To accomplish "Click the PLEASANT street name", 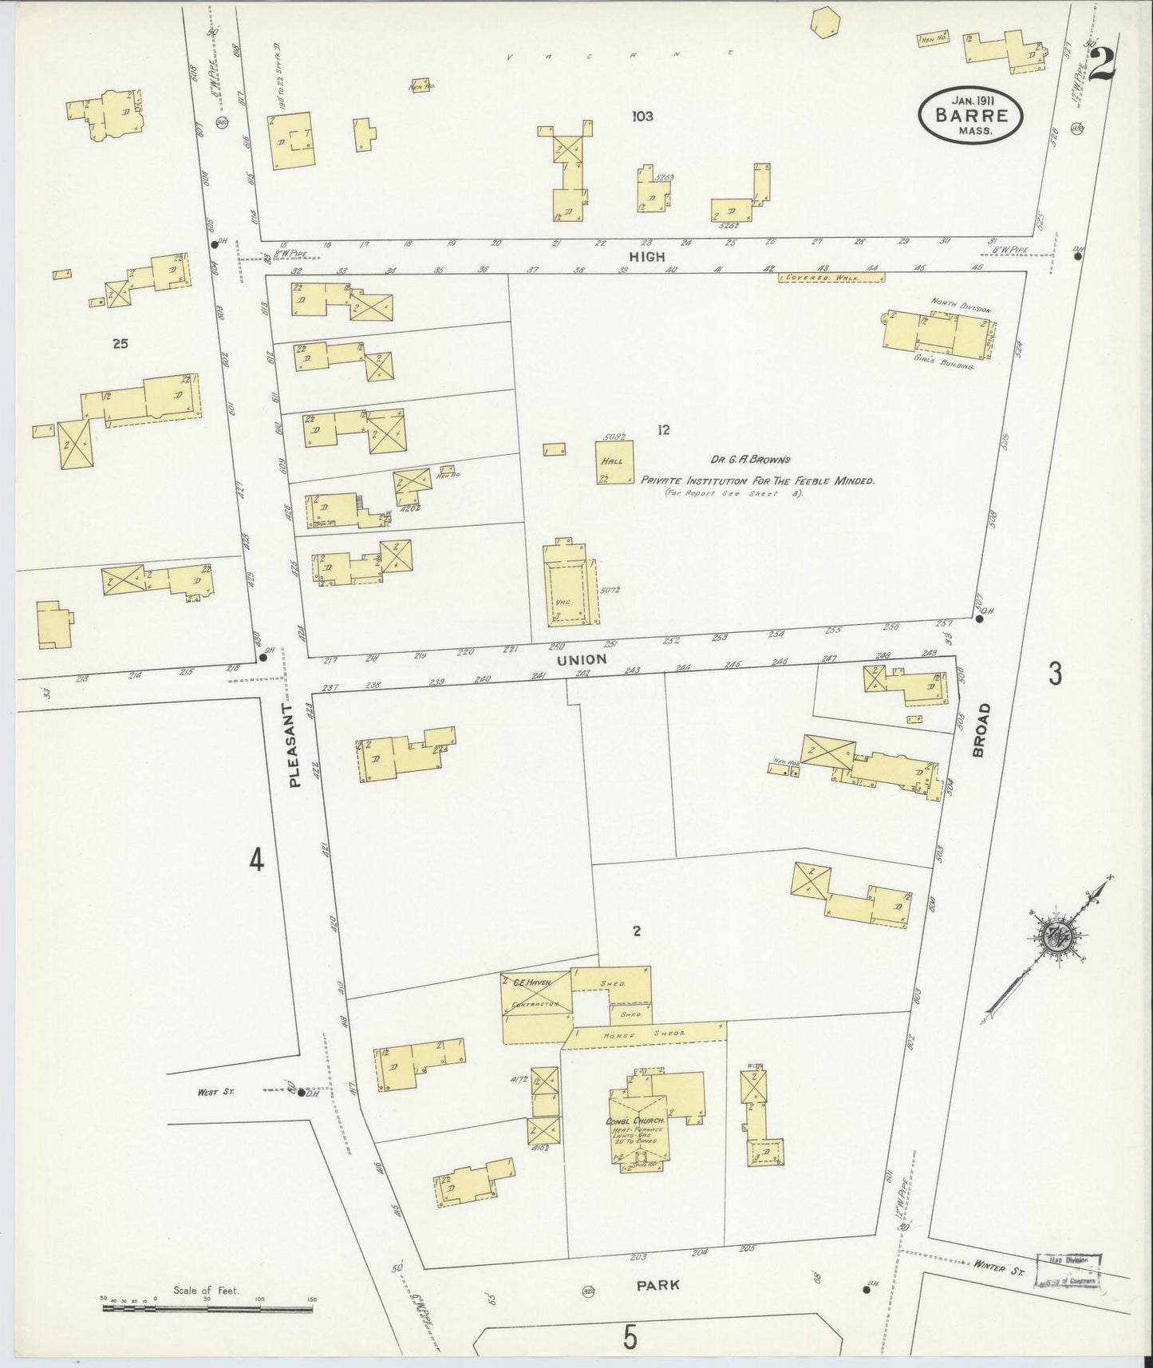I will (x=294, y=745).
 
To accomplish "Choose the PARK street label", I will (x=658, y=1285).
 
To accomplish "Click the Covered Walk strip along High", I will (x=831, y=278).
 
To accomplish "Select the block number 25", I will (x=120, y=344).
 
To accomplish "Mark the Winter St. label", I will (x=998, y=1267).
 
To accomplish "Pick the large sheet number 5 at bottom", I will (x=630, y=1338).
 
